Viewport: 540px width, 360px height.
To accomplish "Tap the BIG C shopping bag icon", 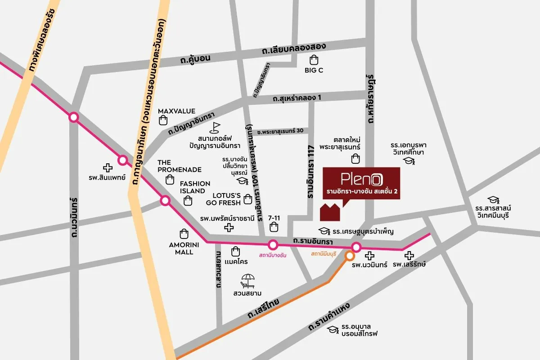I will pyautogui.click(x=314, y=59).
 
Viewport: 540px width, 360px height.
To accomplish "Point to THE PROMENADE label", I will pyautogui.click(x=179, y=166).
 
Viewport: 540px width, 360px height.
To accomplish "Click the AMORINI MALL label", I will pyautogui.click(x=181, y=248).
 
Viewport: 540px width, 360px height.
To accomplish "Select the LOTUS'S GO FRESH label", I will pyautogui.click(x=223, y=199).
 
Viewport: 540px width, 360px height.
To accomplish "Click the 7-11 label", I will pyautogui.click(x=274, y=218).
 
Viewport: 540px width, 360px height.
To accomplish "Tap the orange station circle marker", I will pyautogui.click(x=350, y=256).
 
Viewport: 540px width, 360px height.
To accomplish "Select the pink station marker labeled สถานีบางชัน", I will pyautogui.click(x=273, y=245).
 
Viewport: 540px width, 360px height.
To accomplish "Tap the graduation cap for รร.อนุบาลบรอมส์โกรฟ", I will pyautogui.click(x=333, y=330).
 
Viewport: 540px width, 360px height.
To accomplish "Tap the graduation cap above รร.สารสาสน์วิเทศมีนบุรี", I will pyautogui.click(x=493, y=199).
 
